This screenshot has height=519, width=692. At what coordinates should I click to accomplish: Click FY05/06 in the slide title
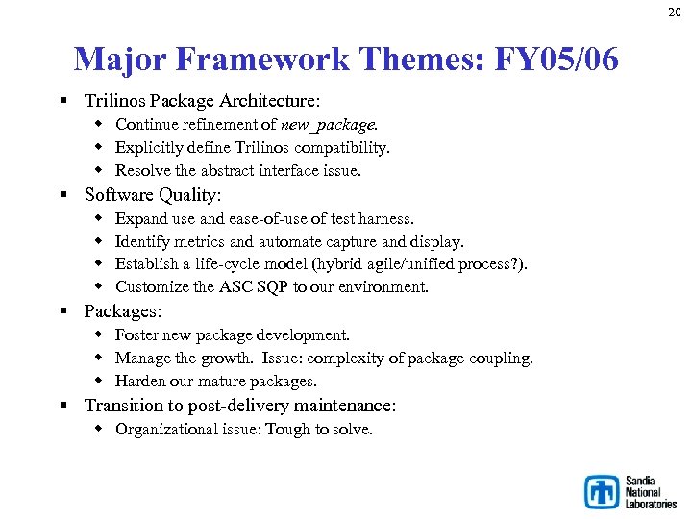tap(556, 60)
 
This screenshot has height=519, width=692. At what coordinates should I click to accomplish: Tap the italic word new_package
tap(329, 124)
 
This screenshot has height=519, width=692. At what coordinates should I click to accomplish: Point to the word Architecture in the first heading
tap(270, 101)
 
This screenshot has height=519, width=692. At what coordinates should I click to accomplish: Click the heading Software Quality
tap(153, 195)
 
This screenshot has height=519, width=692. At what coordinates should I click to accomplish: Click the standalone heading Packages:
tap(123, 311)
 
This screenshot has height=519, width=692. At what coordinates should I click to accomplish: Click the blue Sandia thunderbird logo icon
tap(603, 492)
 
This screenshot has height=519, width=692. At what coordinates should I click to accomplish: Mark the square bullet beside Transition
tap(62, 406)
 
